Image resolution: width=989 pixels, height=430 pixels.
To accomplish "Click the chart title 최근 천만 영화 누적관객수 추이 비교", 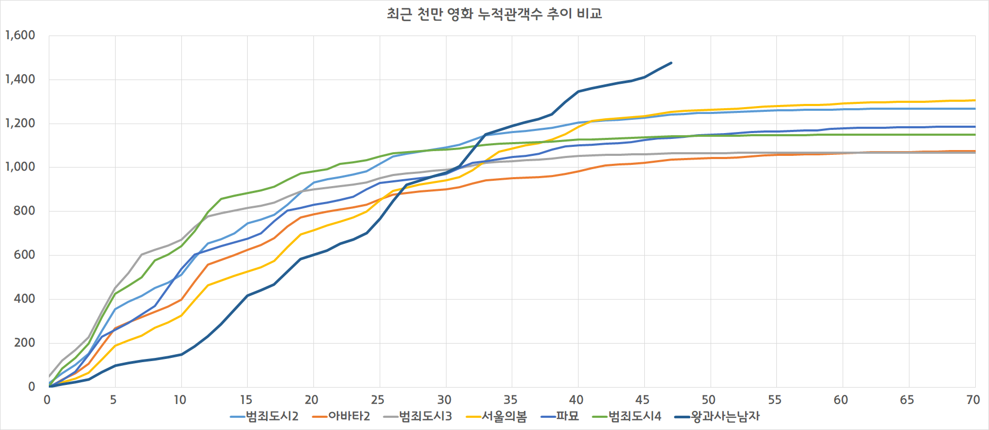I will [494, 14].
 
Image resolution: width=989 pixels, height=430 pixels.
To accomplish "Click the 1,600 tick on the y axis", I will [20, 36].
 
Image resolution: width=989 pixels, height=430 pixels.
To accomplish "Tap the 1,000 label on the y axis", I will [20, 167].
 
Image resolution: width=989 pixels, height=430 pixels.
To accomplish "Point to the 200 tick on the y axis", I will [24, 343].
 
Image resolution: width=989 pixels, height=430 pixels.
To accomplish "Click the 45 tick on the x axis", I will [642, 400].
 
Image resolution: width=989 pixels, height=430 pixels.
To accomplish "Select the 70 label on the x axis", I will [973, 400].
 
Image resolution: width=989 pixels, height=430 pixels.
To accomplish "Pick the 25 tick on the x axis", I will [378, 400].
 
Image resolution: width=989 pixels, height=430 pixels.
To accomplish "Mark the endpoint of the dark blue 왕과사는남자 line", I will [671, 63].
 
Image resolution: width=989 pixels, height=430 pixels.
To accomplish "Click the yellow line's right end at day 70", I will [975, 100].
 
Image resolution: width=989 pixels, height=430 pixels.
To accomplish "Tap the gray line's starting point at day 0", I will [49, 376].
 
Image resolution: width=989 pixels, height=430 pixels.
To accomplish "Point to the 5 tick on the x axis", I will [113, 400].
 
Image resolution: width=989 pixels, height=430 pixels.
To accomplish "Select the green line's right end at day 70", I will [975, 135].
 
